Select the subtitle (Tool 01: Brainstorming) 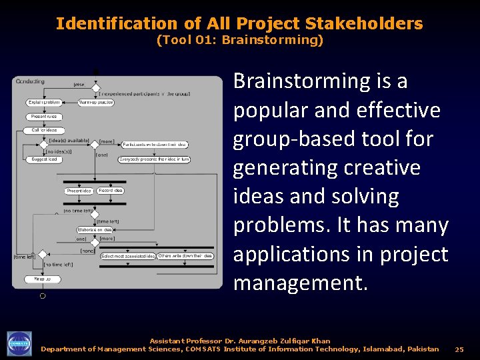[x=239, y=40]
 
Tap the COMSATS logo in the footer [x=19, y=344]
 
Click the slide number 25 [x=459, y=349]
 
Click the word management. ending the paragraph [x=300, y=283]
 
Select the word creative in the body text [x=383, y=167]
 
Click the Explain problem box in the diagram [x=44, y=103]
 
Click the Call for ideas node [x=44, y=130]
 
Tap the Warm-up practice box [x=96, y=103]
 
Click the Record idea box [x=110, y=191]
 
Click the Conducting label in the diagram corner [x=30, y=81]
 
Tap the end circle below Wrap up [x=43, y=295]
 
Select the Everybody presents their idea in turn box [x=154, y=159]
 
